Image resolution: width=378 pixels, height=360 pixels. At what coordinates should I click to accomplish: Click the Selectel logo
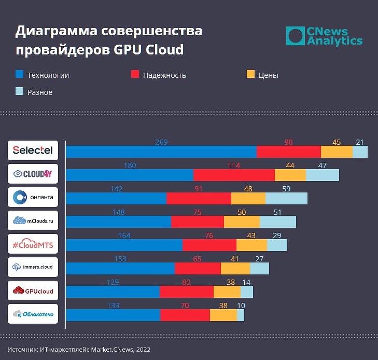coord(33,150)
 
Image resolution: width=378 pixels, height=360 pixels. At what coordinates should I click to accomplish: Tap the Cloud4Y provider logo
coord(33,174)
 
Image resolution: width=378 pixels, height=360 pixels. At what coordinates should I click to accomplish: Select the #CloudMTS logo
coord(33,244)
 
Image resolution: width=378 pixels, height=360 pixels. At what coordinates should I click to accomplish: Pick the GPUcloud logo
coord(33,291)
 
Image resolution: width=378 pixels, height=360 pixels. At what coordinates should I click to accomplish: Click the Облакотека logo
coord(33,314)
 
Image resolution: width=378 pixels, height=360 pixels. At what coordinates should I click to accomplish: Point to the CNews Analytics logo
coord(324,36)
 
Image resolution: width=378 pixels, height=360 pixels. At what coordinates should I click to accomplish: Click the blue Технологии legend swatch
coord(19,75)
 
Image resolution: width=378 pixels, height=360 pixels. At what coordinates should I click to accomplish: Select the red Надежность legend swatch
coord(135,75)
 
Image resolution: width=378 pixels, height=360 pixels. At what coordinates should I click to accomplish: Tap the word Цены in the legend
coord(268,75)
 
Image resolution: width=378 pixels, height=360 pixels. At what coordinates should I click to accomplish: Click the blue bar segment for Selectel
coord(161,151)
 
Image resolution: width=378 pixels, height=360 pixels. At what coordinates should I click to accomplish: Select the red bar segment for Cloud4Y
coord(233,175)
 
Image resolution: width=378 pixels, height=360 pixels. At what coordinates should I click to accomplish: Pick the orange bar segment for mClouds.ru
coord(242,221)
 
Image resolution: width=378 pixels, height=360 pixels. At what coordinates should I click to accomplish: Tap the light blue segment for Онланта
coord(286,198)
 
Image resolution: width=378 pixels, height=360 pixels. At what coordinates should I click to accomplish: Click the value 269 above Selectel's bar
coord(161,142)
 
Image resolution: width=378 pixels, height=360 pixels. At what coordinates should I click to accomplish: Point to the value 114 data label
coord(233,165)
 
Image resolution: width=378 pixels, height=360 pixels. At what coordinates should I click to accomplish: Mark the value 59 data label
coord(286,189)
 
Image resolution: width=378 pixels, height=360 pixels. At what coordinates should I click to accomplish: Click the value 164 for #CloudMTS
coord(124,236)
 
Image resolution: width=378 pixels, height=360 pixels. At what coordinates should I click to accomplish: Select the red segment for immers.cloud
coord(198,268)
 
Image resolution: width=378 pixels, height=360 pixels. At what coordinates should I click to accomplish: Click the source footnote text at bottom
coord(79,350)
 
